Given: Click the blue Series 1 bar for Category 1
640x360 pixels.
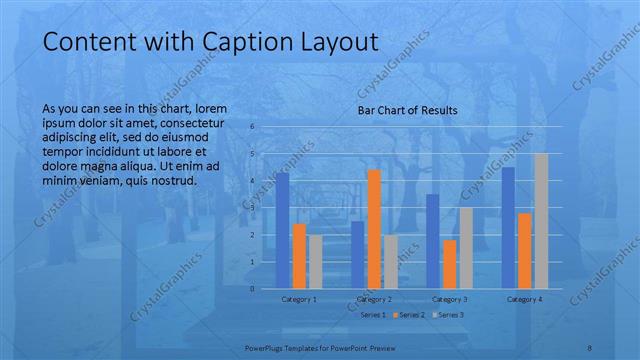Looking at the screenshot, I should (283, 230).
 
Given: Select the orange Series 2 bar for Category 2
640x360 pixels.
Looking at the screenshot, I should (374, 229).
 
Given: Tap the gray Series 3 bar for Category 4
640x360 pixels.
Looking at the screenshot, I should (541, 221).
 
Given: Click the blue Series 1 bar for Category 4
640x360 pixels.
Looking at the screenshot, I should (509, 228).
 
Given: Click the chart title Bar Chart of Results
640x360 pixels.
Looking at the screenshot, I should (408, 110).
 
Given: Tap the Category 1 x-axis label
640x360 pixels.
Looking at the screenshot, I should (299, 299).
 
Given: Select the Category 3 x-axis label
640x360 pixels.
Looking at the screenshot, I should (450, 299).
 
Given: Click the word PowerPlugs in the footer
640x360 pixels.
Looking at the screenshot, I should (265, 348).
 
